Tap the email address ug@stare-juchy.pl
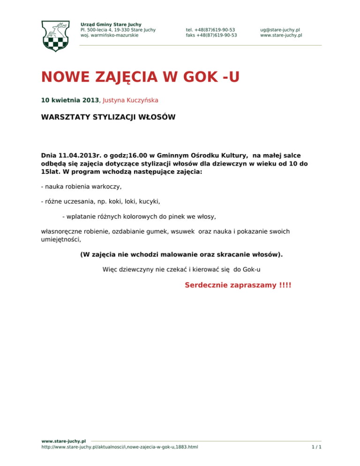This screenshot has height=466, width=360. coord(280,30)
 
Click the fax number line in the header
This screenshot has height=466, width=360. coord(211,35)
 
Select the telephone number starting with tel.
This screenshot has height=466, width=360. coord(210,30)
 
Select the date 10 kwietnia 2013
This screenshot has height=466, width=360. coord(70,100)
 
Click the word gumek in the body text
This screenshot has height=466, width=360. coord(165,232)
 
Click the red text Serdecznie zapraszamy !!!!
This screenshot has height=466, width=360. coord(238,285)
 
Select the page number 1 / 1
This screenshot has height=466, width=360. coord(316,447)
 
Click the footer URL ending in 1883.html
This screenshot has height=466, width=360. coord(120,447)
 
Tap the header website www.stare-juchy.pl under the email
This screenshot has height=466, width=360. coord(281,35)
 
